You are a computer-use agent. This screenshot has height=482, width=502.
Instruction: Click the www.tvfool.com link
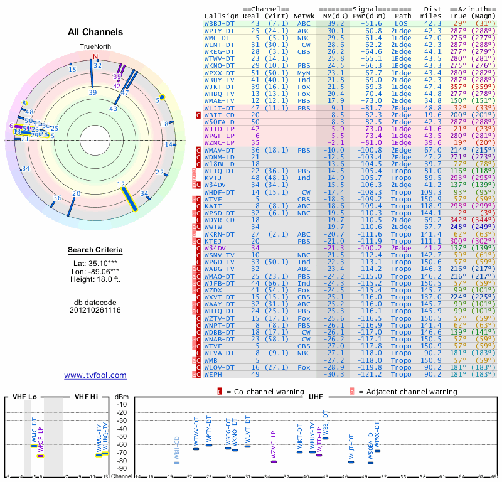[x=95, y=375]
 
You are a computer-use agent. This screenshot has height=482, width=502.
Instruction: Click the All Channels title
[x=95, y=31]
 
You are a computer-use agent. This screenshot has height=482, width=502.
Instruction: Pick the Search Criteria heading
[x=95, y=250]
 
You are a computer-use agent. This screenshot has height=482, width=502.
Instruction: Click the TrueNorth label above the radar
[x=95, y=47]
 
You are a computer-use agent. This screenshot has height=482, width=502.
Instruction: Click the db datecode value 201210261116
[x=95, y=310]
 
